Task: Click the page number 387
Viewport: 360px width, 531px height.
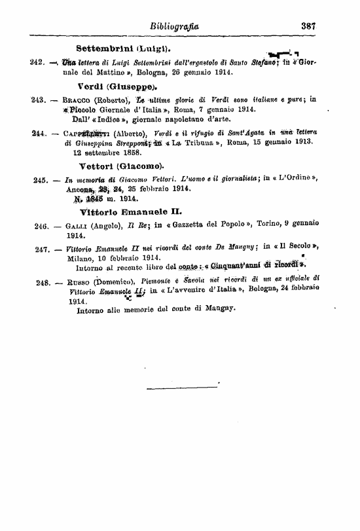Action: (x=309, y=27)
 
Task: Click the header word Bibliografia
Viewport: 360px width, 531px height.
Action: (x=174, y=27)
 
